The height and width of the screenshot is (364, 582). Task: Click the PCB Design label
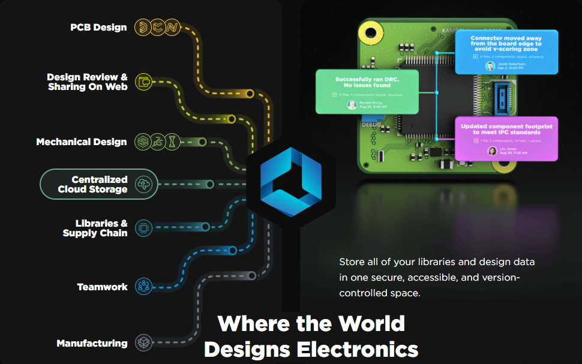(x=98, y=27)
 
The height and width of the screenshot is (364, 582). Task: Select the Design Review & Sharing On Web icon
(x=144, y=82)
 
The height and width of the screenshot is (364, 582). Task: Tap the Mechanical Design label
(x=82, y=142)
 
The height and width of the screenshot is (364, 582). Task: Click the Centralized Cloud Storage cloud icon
(x=144, y=184)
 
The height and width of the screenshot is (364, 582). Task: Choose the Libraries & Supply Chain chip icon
(x=143, y=228)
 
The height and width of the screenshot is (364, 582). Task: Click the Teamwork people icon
(x=143, y=286)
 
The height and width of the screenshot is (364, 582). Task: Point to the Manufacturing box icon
(x=143, y=343)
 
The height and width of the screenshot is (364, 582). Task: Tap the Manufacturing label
(x=92, y=344)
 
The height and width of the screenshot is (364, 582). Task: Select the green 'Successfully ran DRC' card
(x=367, y=91)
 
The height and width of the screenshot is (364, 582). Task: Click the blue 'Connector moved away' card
(x=506, y=52)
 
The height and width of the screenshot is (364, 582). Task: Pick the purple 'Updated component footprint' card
(x=506, y=139)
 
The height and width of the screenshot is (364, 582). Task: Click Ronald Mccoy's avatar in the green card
(x=352, y=104)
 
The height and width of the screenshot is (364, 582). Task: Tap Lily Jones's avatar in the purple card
(x=492, y=151)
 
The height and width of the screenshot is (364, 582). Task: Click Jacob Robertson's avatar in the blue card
(x=490, y=66)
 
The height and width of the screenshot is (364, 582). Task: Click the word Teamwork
(x=102, y=287)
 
